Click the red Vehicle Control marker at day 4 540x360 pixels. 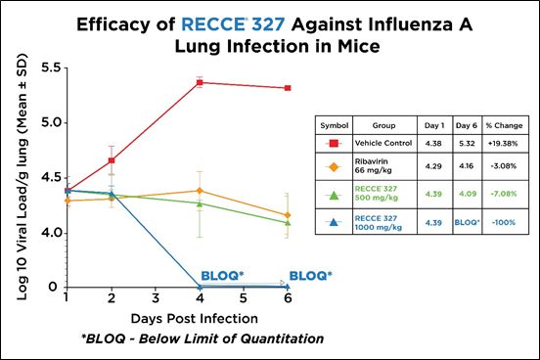(200, 83)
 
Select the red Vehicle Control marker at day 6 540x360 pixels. (286, 88)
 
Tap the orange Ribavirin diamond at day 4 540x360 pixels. (200, 191)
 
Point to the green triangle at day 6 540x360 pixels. (286, 222)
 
